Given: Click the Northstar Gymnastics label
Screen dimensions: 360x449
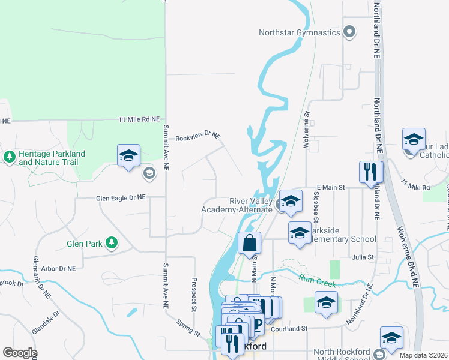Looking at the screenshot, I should pos(300,32).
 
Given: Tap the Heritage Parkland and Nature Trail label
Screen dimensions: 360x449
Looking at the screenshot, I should pos(52,158).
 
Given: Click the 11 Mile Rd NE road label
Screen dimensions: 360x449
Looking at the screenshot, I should pos(139,120).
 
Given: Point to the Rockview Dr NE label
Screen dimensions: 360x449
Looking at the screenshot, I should pos(198,137).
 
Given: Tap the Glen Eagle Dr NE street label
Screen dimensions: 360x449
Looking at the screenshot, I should pos(121,197).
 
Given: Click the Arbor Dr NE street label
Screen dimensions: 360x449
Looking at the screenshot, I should pos(55,268).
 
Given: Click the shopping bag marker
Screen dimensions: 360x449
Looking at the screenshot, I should pos(249,244).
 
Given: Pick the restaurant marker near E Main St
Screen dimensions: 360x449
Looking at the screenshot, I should pos(370,172).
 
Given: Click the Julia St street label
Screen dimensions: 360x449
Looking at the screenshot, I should pos(363,257).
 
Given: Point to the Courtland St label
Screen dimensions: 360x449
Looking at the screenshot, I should pos(289,328).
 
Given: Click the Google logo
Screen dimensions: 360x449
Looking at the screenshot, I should pos(20,353).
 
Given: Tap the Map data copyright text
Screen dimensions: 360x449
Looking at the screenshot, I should pos(424,355).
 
